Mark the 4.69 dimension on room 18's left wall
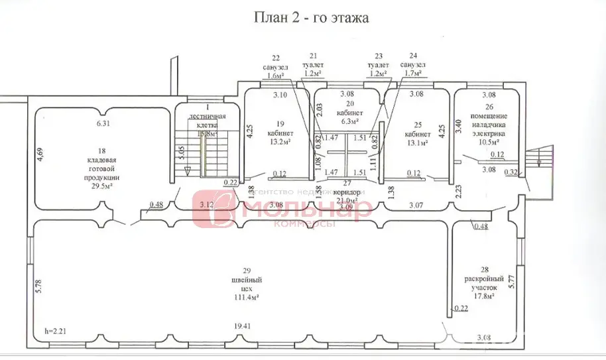[x=40, y=155]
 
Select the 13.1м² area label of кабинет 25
[x=417, y=141]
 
